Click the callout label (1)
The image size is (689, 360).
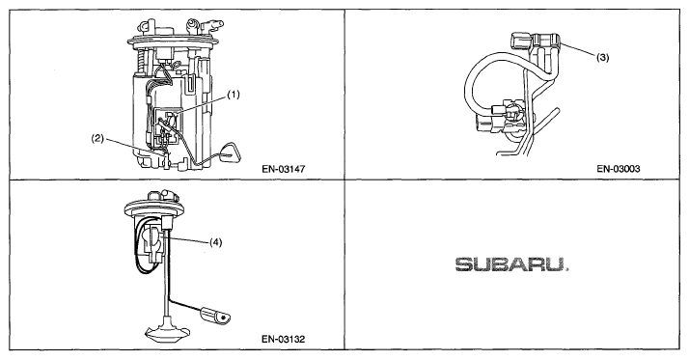234,95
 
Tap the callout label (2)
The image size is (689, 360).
97,138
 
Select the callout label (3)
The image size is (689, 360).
603,57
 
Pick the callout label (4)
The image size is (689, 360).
215,242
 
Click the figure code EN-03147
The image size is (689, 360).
284,169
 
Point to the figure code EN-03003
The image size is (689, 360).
619,169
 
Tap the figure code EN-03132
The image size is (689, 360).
284,339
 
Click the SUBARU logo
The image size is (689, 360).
511,264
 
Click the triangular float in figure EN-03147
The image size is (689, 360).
229,152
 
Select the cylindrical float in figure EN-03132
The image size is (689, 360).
215,317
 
